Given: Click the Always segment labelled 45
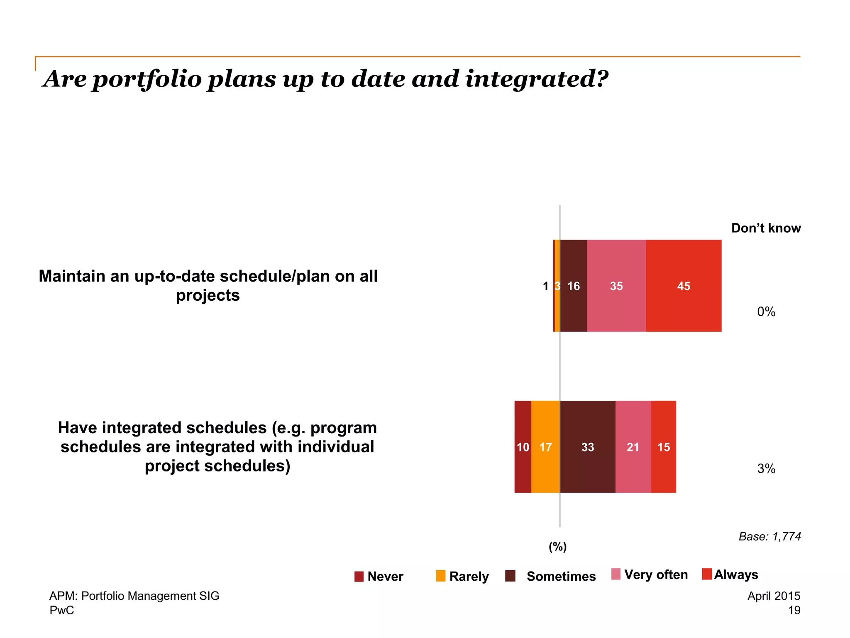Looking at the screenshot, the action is tap(684, 286).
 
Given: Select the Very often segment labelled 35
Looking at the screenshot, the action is tap(616, 286).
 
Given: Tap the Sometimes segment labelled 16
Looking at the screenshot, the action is tap(574, 286).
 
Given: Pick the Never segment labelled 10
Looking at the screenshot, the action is tap(523, 447).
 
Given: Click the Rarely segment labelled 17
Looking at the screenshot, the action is tap(545, 447).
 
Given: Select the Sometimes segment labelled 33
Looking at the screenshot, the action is tap(588, 447).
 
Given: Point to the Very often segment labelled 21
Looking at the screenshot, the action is tap(633, 447).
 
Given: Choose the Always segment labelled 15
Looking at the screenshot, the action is tap(664, 447).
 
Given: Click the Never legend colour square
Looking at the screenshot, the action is tap(359, 577).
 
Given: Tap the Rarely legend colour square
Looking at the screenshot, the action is tap(441, 576).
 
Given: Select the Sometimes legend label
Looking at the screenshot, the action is tap(561, 577).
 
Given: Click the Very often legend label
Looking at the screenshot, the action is tap(656, 574).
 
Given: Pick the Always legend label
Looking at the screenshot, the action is tap(736, 574).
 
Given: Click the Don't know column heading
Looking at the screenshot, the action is tap(766, 228).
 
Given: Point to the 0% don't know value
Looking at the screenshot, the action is tap(766, 312).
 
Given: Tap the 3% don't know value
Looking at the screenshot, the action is tap(766, 469).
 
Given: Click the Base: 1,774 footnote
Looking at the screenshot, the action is tap(769, 537).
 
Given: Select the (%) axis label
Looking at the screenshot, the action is tap(558, 547).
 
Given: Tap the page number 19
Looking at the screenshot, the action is tap(794, 610).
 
